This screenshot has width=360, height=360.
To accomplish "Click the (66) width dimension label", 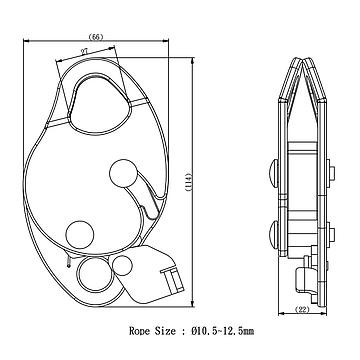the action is (96, 37).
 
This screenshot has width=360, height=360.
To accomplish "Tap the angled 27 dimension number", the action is (85, 51).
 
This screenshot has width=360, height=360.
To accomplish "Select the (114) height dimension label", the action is (188, 182).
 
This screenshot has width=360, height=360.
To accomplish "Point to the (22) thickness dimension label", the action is (302, 310).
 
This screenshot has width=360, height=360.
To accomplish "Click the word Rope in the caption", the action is (140, 331).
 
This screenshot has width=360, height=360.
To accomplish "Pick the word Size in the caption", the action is (165, 331).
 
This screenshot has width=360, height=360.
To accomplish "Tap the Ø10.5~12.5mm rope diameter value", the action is (223, 331).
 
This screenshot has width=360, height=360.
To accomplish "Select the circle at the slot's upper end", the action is (123, 173).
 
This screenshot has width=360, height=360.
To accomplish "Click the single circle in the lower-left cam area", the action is (80, 235).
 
